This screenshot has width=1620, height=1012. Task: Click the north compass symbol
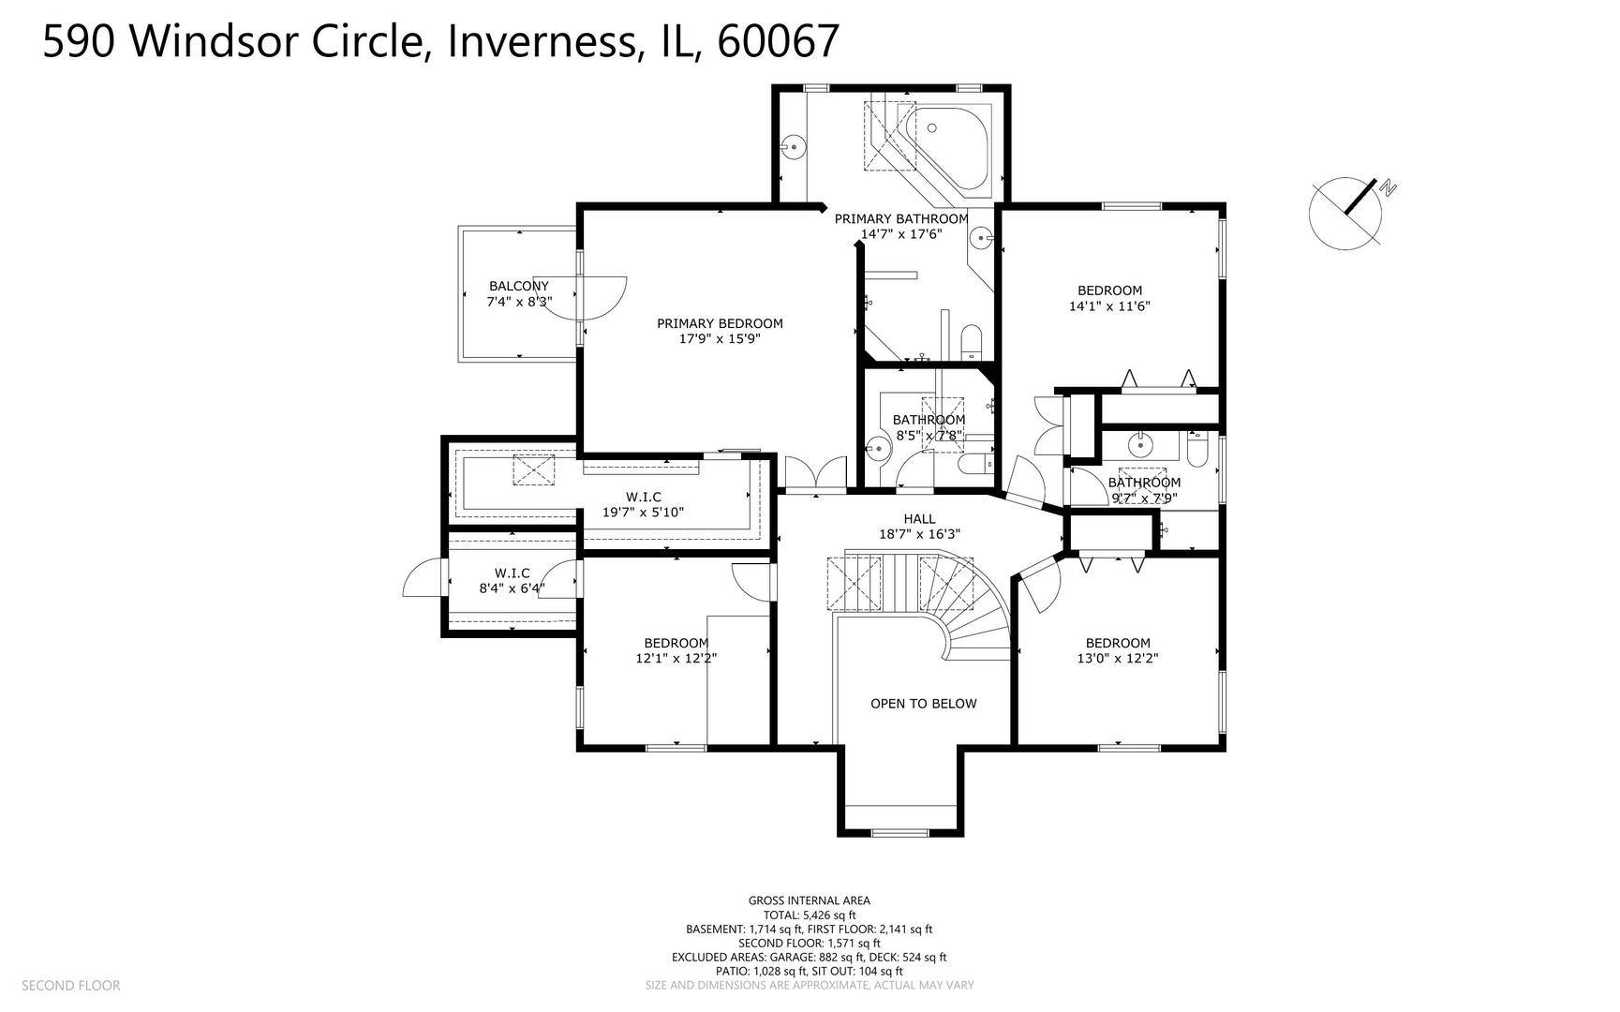1347,213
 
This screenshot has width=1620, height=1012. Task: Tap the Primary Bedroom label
720,331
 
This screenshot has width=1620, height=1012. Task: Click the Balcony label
519,293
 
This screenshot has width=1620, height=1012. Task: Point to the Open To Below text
923,704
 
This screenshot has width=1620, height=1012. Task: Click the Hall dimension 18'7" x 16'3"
919,534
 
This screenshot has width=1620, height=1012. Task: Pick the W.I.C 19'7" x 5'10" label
643,504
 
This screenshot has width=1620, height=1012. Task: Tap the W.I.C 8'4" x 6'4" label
512,581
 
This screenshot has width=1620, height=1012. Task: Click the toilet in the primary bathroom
971,341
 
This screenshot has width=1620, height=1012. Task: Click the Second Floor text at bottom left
70,985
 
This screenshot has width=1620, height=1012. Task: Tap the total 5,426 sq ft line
810,915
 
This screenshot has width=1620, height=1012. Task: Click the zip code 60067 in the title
778,41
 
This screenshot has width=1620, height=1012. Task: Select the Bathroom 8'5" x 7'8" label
928,427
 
